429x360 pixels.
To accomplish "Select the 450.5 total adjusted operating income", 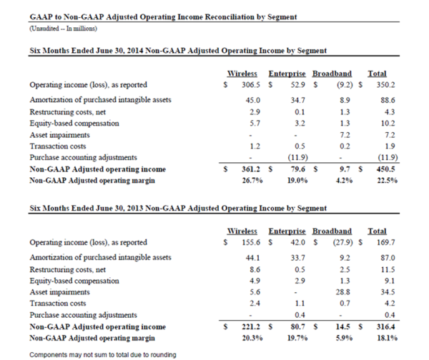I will pyautogui.click(x=387, y=169).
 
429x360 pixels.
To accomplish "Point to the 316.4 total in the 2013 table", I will pyautogui.click(x=387, y=327).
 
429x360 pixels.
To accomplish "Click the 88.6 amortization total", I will pyautogui.click(x=389, y=99).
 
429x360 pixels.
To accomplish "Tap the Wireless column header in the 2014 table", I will pyautogui.click(x=242, y=74).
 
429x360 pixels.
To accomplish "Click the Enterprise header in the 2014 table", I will pyautogui.click(x=287, y=74).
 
